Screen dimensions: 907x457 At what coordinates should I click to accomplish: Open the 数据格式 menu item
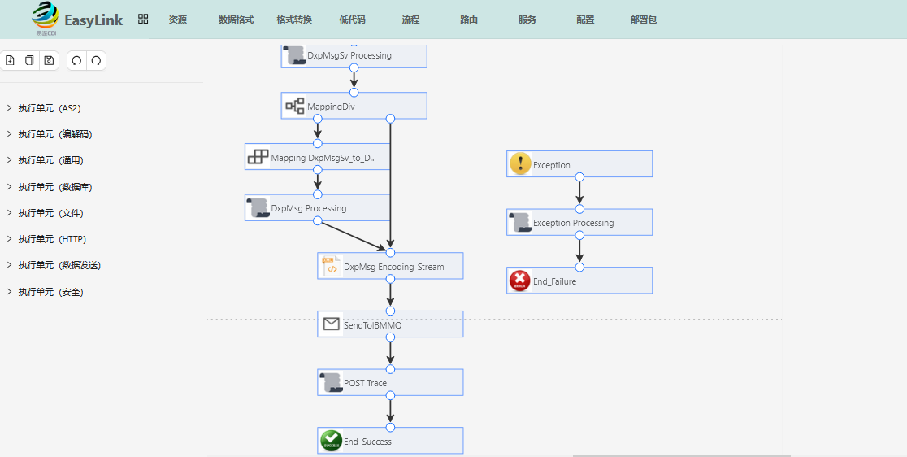pyautogui.click(x=236, y=20)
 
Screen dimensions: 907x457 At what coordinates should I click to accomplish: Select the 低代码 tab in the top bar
pyautogui.click(x=352, y=20)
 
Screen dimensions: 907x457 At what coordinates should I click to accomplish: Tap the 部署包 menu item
pyautogui.click(x=643, y=20)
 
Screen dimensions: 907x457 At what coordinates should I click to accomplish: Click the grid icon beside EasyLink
pyautogui.click(x=144, y=19)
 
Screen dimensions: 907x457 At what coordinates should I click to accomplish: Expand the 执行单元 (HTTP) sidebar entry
pyautogui.click(x=47, y=239)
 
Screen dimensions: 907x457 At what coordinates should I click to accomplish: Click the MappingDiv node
pyautogui.click(x=354, y=106)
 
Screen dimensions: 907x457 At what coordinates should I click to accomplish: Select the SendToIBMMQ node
pyautogui.click(x=390, y=324)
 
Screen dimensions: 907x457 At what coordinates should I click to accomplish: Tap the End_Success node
pyautogui.click(x=390, y=441)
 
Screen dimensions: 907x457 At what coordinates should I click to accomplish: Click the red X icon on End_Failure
pyautogui.click(x=520, y=281)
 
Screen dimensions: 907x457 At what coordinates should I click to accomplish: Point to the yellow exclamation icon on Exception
pyautogui.click(x=520, y=164)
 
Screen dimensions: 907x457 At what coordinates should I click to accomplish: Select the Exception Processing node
pyautogui.click(x=579, y=222)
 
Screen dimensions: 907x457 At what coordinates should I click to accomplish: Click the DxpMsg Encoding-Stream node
pyautogui.click(x=390, y=266)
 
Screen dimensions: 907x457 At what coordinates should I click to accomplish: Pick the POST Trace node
pyautogui.click(x=390, y=382)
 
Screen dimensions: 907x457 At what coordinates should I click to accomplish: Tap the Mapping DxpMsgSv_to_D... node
pyautogui.click(x=318, y=157)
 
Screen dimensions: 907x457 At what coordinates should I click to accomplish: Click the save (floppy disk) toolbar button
pyautogui.click(x=49, y=60)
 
